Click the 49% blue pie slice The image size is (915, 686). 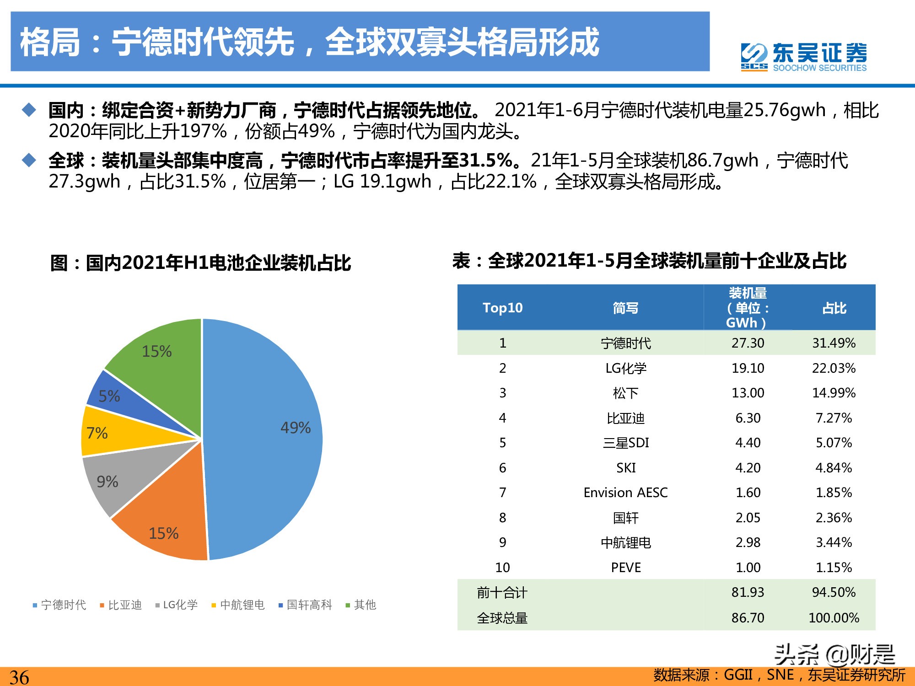point(265,439)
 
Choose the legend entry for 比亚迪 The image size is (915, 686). point(121,605)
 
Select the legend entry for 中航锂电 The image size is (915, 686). point(238,605)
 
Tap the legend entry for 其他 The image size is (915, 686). point(361,605)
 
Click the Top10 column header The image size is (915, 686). point(502,308)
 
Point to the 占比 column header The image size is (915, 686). point(834,308)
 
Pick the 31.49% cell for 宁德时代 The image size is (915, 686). point(834,343)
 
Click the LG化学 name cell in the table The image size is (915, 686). point(626,368)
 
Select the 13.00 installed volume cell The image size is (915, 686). point(748,393)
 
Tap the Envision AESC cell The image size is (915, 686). point(625,493)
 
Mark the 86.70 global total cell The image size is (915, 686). point(748,618)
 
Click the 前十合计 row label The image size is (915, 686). point(502,593)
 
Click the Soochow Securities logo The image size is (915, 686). point(803,57)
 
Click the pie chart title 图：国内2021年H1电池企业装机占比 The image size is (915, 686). point(200,263)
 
